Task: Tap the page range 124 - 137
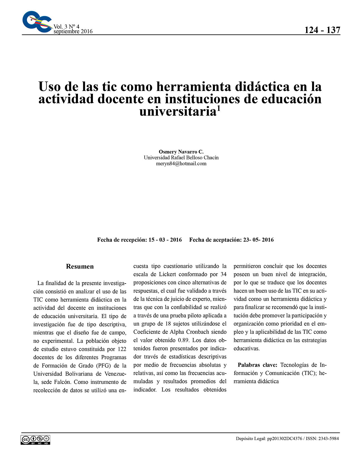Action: point(322,30)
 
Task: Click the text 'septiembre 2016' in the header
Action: point(73,31)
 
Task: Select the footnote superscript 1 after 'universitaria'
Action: point(218,108)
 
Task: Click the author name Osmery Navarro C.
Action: point(181,152)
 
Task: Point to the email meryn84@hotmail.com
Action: point(181,164)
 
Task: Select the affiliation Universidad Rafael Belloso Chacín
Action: point(181,158)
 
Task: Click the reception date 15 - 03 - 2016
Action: point(165,240)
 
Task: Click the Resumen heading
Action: point(80,266)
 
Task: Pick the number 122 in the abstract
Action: point(121,349)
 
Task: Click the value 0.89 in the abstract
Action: point(183,340)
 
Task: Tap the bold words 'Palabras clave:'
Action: point(258,365)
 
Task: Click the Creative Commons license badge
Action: point(35,440)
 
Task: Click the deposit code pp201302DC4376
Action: point(285,439)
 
